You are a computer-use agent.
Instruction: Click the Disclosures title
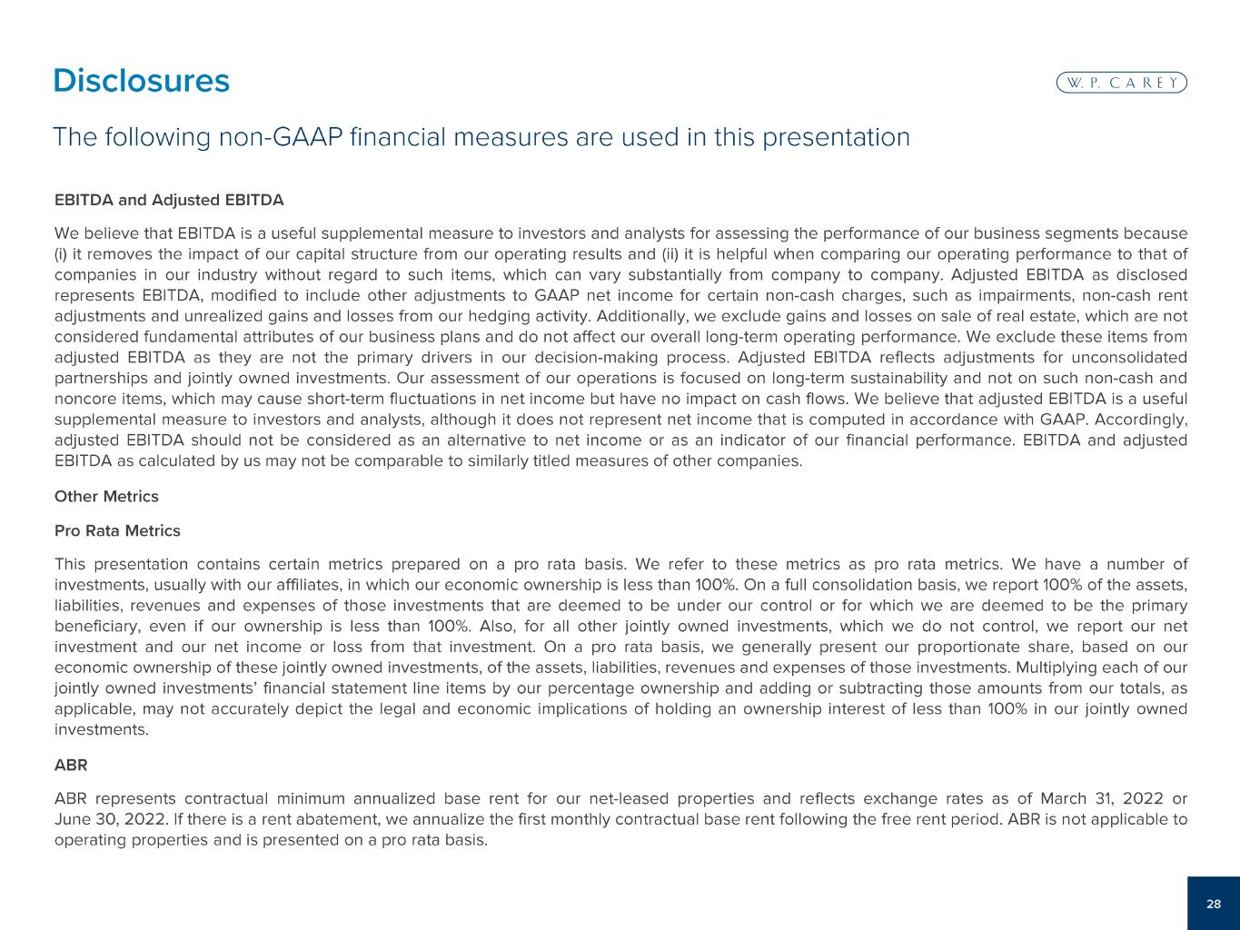tap(141, 81)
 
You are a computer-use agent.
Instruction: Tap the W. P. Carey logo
tap(1122, 83)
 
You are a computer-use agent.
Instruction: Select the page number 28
tap(1214, 904)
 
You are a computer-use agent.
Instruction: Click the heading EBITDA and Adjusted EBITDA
tap(169, 199)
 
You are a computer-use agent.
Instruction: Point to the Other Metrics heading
tap(106, 497)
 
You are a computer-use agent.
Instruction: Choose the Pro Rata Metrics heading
tap(117, 530)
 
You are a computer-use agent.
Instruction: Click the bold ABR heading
tap(71, 765)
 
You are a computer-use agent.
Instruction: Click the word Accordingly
tap(1139, 420)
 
